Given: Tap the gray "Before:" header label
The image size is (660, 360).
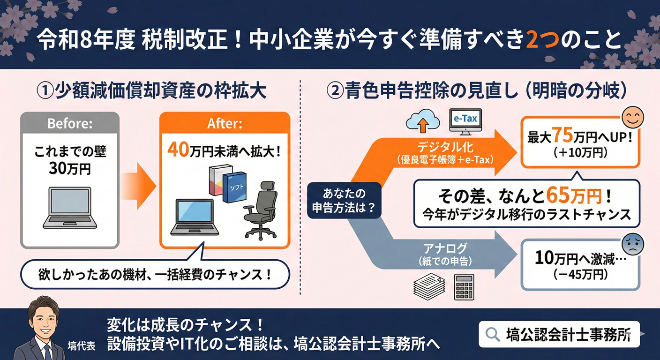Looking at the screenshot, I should click(x=70, y=124).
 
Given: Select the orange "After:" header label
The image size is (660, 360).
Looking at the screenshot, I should click(x=225, y=124).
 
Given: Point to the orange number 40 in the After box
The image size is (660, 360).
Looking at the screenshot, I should click(x=178, y=151).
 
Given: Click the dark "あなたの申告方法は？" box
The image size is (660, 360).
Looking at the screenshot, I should click(x=344, y=200).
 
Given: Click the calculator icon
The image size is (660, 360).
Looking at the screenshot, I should click(x=464, y=286).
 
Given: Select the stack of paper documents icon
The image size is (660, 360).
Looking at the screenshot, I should click(x=428, y=286).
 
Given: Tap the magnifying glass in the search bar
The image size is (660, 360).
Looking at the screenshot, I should click(x=492, y=334).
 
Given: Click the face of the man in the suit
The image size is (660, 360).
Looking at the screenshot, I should click(x=41, y=316).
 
